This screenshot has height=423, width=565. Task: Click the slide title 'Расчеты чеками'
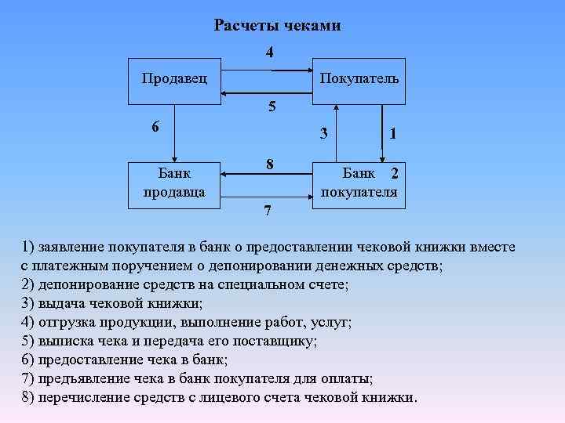tap(277, 26)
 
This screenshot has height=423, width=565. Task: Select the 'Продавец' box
tap(174, 80)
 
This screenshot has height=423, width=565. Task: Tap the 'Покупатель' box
tap(359, 80)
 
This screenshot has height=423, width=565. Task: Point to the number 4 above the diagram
tap(269, 52)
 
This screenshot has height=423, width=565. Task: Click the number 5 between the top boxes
tap(272, 107)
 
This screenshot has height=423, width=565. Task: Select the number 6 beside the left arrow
tap(155, 127)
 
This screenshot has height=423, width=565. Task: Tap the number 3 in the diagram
tap(323, 134)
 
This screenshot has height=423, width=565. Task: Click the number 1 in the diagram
tap(392, 134)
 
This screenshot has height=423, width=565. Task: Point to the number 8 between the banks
tap(269, 165)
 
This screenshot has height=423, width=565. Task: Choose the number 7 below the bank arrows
tap(268, 211)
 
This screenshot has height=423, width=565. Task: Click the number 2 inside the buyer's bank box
tap(394, 173)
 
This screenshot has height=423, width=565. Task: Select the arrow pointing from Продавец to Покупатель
tap(267, 71)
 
